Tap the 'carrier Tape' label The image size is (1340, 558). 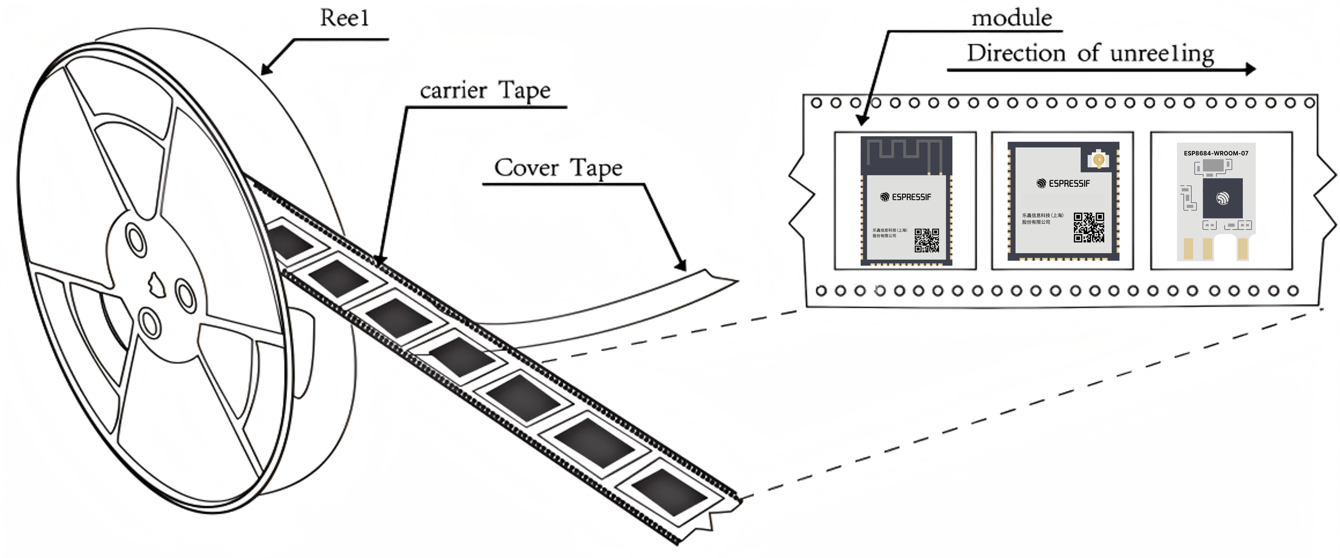pyautogui.click(x=485, y=91)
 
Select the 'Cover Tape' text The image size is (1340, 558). pyautogui.click(x=558, y=168)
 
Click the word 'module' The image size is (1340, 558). pyautogui.click(x=1012, y=18)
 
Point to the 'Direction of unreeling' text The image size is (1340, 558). pyautogui.click(x=1090, y=53)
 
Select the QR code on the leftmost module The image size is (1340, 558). pyautogui.click(x=927, y=240)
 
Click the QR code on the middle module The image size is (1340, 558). pyautogui.click(x=1089, y=227)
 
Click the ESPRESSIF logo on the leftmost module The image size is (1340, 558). pyautogui.click(x=906, y=197)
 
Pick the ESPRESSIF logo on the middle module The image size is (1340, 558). pyautogui.click(x=1063, y=183)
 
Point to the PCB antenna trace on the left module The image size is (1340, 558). pyautogui.click(x=906, y=151)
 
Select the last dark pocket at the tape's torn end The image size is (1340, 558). pyautogui.click(x=669, y=492)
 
